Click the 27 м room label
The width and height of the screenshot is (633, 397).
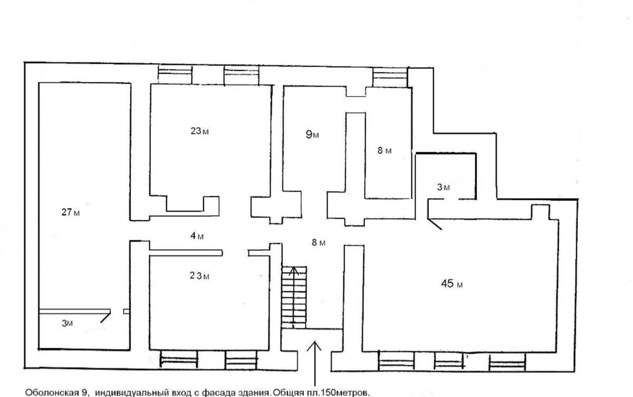point(71,213)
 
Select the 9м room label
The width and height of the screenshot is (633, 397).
point(312,135)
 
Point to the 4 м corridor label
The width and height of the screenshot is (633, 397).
point(197,236)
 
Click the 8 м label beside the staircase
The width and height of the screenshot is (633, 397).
point(318,243)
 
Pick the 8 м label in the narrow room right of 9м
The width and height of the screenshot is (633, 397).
point(385,151)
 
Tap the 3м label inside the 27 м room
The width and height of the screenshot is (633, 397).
point(67,324)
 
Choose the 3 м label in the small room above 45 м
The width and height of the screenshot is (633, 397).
point(443,187)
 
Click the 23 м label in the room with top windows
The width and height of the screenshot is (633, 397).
point(199,131)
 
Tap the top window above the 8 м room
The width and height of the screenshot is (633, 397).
point(391,76)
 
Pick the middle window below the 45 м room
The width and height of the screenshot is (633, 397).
point(448,361)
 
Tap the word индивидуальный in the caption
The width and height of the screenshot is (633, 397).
point(125,393)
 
